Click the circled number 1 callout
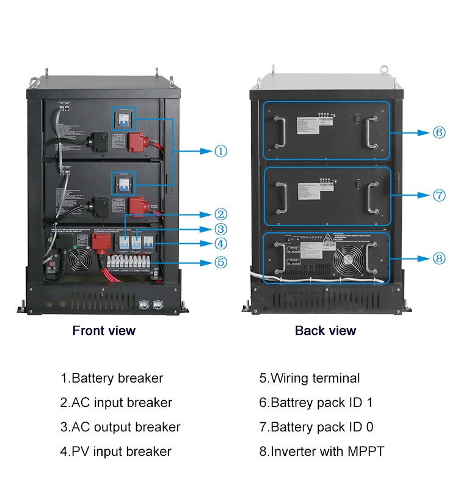tap(220, 151)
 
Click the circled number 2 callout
tap(220, 215)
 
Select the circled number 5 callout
tap(220, 262)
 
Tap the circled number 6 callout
tap(439, 132)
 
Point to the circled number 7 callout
tap(439, 196)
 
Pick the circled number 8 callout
tap(439, 258)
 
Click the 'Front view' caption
tap(104, 331)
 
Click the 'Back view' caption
tap(325, 331)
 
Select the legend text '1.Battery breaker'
tap(112, 378)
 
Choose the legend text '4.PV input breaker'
tap(115, 452)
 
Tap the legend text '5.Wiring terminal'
tap(310, 378)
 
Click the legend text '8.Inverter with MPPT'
tap(322, 452)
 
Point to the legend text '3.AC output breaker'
tap(120, 427)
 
